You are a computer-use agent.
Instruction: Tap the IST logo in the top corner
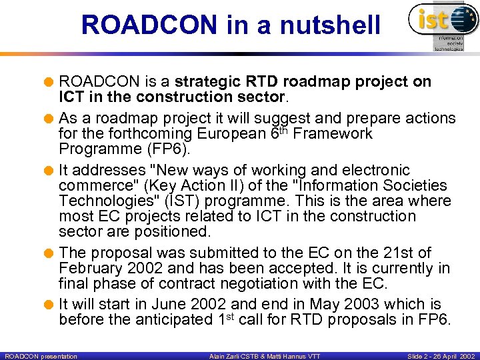(442, 25)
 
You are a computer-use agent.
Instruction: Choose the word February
(87, 268)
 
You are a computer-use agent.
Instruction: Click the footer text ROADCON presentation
(41, 356)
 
